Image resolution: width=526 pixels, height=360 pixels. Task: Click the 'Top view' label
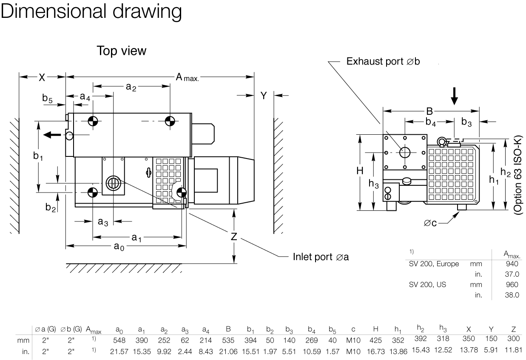[121, 51]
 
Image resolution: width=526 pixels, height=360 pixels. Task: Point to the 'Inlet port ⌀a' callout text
[321, 257]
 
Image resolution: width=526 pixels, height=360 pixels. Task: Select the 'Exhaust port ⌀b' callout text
[383, 62]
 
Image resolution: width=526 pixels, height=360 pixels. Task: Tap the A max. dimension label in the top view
[187, 77]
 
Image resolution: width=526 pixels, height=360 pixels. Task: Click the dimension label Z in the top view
[234, 237]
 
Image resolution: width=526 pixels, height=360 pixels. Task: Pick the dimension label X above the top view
[42, 77]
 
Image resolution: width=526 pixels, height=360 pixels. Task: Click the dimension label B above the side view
[429, 111]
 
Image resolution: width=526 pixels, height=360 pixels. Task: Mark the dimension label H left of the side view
[360, 171]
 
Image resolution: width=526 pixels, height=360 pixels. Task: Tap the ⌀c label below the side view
[431, 224]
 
